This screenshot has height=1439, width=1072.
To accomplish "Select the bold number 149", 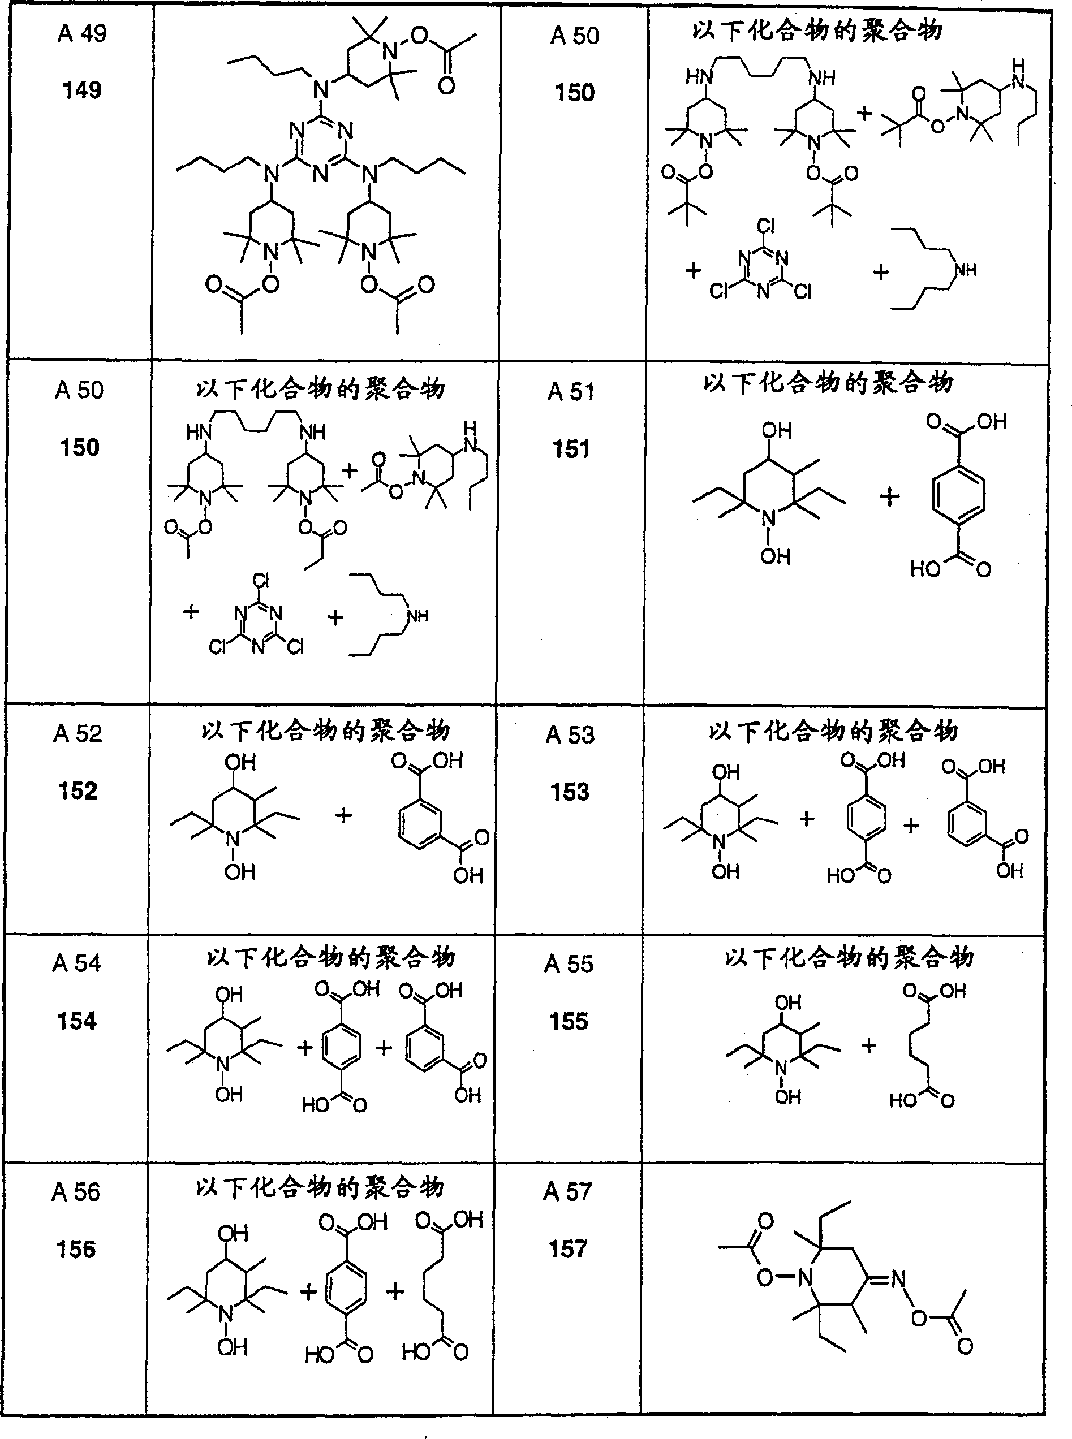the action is [x=82, y=89].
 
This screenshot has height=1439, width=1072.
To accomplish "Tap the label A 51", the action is [x=571, y=392].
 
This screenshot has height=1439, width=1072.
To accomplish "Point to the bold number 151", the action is [x=571, y=449].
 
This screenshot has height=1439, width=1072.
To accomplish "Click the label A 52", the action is [x=78, y=733].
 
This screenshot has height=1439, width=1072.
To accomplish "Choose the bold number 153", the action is [x=570, y=792].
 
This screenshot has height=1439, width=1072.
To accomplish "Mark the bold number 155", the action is [x=569, y=1021].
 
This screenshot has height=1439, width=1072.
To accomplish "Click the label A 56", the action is [x=76, y=1192].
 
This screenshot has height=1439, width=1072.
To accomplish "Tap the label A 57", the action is [x=568, y=1191].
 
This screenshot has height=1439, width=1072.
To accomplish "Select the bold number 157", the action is [x=568, y=1248].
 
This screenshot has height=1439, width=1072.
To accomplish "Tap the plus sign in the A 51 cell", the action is [x=890, y=498].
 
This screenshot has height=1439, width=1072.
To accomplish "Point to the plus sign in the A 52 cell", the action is [x=343, y=815].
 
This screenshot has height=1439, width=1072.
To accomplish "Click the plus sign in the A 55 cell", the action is [x=869, y=1045].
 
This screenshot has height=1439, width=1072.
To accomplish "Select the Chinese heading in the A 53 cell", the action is [x=833, y=731].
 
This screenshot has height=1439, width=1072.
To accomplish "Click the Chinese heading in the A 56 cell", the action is [x=320, y=1187].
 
